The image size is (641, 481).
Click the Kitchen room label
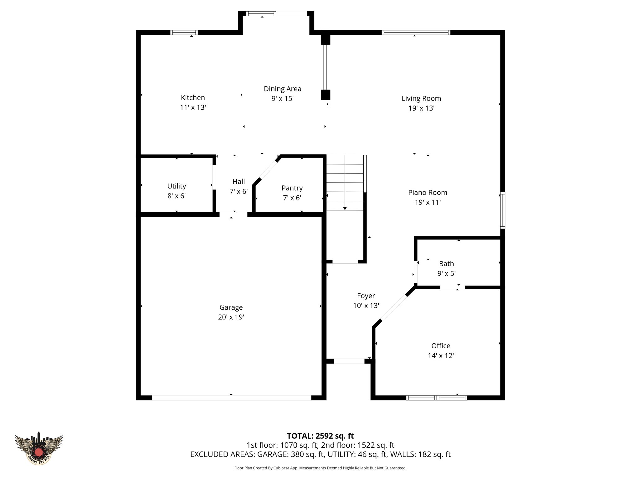click(x=193, y=97)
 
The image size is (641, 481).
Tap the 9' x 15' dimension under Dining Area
click(x=282, y=99)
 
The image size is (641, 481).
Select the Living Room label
click(x=421, y=98)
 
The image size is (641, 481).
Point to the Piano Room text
click(x=428, y=193)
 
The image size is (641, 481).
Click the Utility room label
click(x=177, y=186)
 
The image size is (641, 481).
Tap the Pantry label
click(x=292, y=188)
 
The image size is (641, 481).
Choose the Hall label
click(x=238, y=182)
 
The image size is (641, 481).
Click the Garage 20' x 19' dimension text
click(x=231, y=317)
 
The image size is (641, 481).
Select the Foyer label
click(x=366, y=296)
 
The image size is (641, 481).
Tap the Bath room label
click(x=446, y=264)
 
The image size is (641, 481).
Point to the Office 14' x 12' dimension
click(x=441, y=355)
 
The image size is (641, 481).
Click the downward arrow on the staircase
click(x=345, y=208)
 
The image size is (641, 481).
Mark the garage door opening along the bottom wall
click(x=231, y=398)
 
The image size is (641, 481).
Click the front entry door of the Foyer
click(x=349, y=361)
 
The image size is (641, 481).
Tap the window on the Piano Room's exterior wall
click(x=502, y=210)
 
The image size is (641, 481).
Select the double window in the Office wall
click(x=437, y=398)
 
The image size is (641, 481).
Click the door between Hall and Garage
click(x=233, y=215)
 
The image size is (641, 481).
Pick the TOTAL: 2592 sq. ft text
click(x=320, y=436)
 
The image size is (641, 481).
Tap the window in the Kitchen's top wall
click(x=184, y=33)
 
